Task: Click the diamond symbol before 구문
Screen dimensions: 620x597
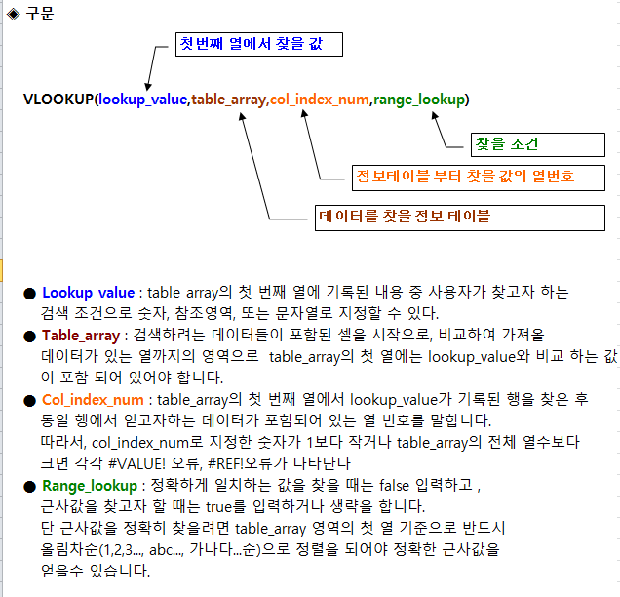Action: pyautogui.click(x=13, y=15)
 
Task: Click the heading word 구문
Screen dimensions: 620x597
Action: pyautogui.click(x=40, y=14)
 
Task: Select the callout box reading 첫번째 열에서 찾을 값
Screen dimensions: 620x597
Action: pyautogui.click(x=259, y=44)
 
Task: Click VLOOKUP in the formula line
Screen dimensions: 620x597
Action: pyautogui.click(x=58, y=99)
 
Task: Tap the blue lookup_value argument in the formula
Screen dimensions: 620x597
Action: pyautogui.click(x=142, y=99)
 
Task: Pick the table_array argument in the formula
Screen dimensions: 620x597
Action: pyautogui.click(x=228, y=99)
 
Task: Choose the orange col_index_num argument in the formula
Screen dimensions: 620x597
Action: pyautogui.click(x=320, y=99)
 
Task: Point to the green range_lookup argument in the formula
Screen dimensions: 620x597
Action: pyautogui.click(x=419, y=99)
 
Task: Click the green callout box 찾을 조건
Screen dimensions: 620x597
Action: pyautogui.click(x=538, y=144)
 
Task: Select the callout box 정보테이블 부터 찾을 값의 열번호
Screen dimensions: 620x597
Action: pyautogui.click(x=479, y=179)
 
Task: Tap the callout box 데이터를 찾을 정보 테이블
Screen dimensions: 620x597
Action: pyautogui.click(x=460, y=218)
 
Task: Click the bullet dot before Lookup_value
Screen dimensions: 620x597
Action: pyautogui.click(x=29, y=294)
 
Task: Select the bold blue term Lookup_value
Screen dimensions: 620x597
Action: pyautogui.click(x=88, y=293)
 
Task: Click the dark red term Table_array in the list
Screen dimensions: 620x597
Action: pyautogui.click(x=81, y=336)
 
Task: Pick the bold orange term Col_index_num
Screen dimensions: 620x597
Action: pyautogui.click(x=93, y=400)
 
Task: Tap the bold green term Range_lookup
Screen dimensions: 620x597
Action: pyautogui.click(x=90, y=486)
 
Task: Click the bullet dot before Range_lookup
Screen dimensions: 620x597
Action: pyautogui.click(x=29, y=487)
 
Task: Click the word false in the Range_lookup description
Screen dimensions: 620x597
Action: pyautogui.click(x=394, y=485)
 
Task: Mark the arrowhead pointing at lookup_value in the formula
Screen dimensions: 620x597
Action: pyautogui.click(x=148, y=87)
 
